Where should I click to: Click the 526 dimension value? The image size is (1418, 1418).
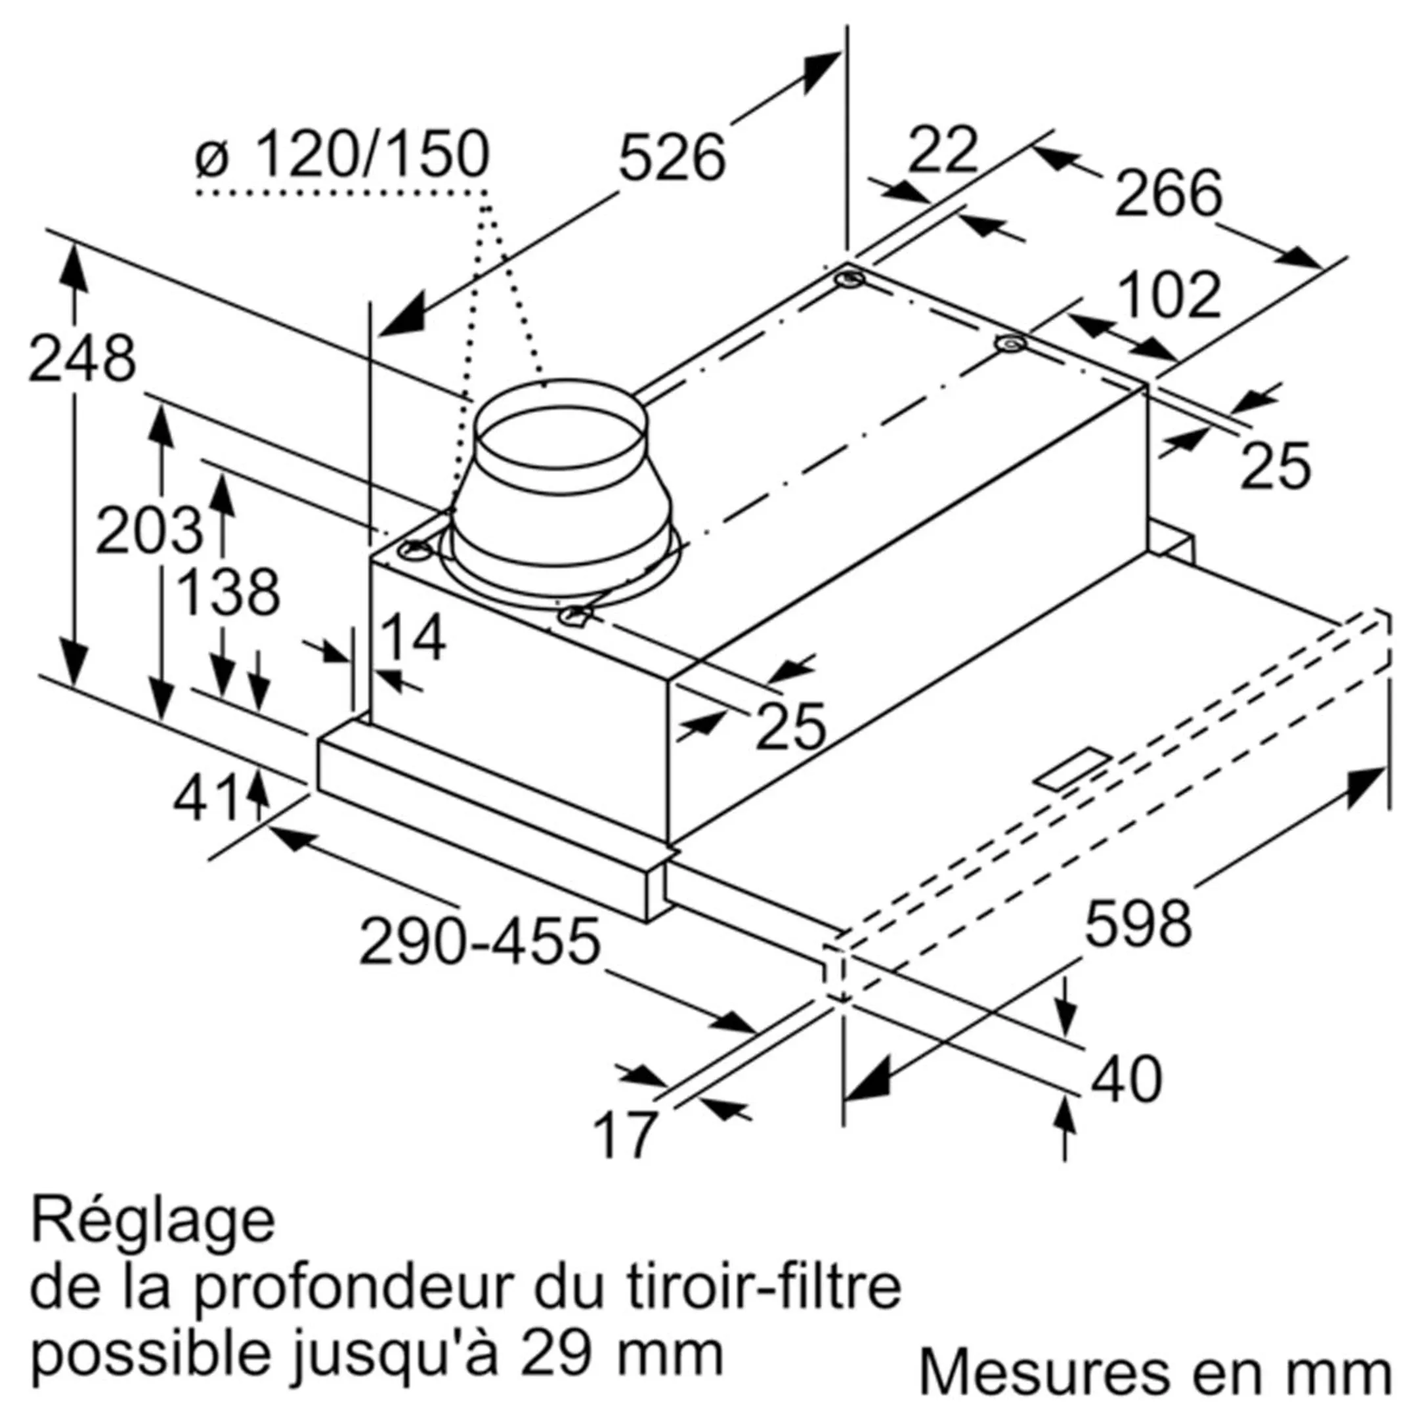[672, 158]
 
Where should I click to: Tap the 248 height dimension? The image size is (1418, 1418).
[82, 360]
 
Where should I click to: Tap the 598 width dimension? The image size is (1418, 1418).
[1137, 925]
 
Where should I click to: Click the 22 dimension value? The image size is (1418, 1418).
[943, 150]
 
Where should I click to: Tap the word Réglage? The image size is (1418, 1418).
[153, 1221]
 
